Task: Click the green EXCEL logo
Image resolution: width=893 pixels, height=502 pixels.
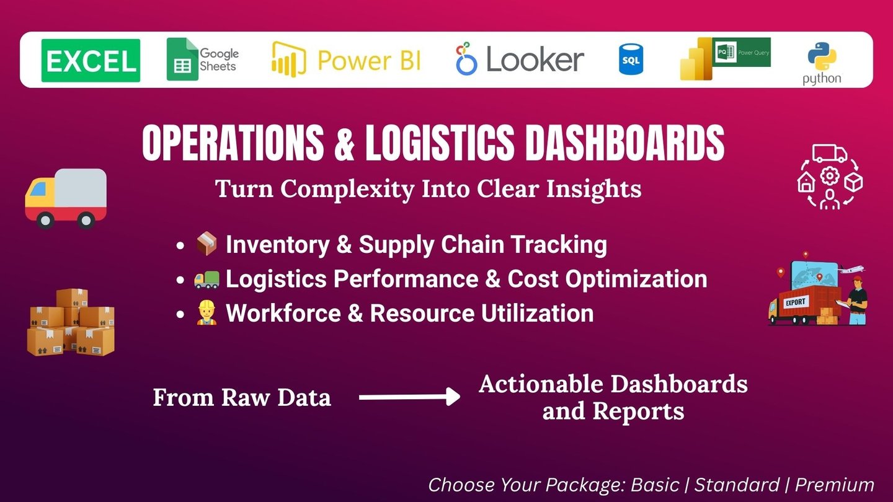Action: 91,61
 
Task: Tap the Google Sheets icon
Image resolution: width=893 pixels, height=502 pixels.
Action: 182,59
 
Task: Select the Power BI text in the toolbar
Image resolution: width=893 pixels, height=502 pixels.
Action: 369,61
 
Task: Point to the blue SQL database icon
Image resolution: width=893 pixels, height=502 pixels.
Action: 631,59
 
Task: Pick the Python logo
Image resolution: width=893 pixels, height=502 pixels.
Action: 822,63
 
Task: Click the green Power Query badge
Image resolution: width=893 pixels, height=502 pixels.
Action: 742,52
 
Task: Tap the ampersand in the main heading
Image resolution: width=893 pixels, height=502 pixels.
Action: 344,143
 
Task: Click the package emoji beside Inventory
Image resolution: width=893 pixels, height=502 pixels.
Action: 207,244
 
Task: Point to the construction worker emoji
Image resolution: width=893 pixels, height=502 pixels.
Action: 207,313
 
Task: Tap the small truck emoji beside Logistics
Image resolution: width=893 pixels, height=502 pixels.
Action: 207,279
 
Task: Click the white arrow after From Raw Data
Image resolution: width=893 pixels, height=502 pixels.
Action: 409,397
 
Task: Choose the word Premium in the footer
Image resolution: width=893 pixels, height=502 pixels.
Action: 835,485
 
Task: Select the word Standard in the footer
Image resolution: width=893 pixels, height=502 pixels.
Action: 737,485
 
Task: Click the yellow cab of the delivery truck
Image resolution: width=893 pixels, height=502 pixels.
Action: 40,193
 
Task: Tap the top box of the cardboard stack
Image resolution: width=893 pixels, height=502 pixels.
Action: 72,298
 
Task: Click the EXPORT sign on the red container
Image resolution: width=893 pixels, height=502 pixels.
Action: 795,302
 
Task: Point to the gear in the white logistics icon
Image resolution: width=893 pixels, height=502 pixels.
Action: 830,176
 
